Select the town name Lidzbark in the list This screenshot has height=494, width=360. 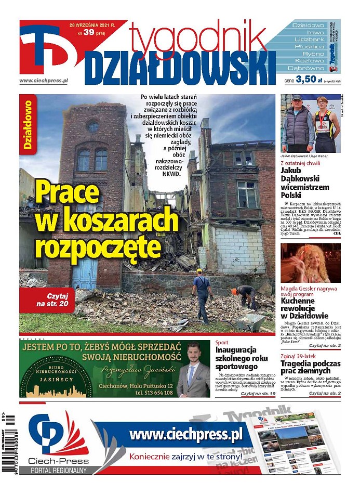point(309,39)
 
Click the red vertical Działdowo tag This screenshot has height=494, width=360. point(29,124)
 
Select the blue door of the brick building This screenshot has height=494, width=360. point(84,274)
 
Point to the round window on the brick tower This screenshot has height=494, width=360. point(93,126)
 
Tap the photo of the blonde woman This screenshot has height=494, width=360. point(311,263)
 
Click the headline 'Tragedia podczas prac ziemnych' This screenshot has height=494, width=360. point(311,367)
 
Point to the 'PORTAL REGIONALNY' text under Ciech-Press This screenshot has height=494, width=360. point(58,470)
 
